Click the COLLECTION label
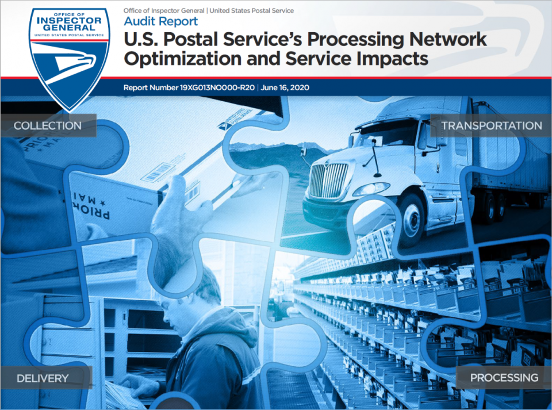coord(48,125)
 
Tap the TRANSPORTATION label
coord(492,125)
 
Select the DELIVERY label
coord(43,378)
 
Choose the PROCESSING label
coord(504,378)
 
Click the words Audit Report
coord(160,21)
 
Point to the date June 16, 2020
coord(285,87)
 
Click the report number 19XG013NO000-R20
coord(217,87)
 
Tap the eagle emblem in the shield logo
coord(70,64)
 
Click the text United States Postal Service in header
coord(252,10)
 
